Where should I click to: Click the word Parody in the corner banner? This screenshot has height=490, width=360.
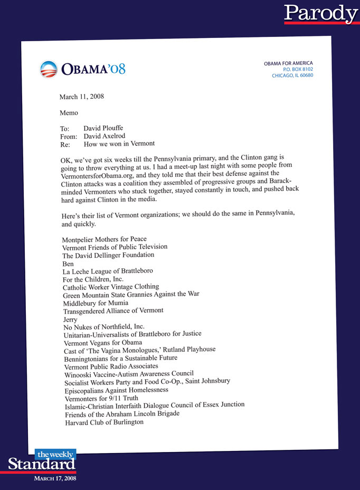tap(320, 13)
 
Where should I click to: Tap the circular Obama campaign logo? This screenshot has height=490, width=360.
tap(48, 69)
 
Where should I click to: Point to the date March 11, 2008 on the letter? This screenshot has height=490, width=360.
tap(81, 97)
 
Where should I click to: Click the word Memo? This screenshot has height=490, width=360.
tap(69, 112)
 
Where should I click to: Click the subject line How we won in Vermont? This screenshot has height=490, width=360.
tap(119, 144)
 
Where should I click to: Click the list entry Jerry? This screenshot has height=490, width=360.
tap(70, 319)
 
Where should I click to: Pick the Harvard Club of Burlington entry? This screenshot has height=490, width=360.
tap(105, 422)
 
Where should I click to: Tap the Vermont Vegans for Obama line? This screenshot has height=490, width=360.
tap(103, 343)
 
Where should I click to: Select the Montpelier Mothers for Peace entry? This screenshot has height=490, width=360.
tap(105, 239)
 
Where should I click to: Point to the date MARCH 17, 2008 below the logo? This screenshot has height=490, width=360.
tap(55, 478)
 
